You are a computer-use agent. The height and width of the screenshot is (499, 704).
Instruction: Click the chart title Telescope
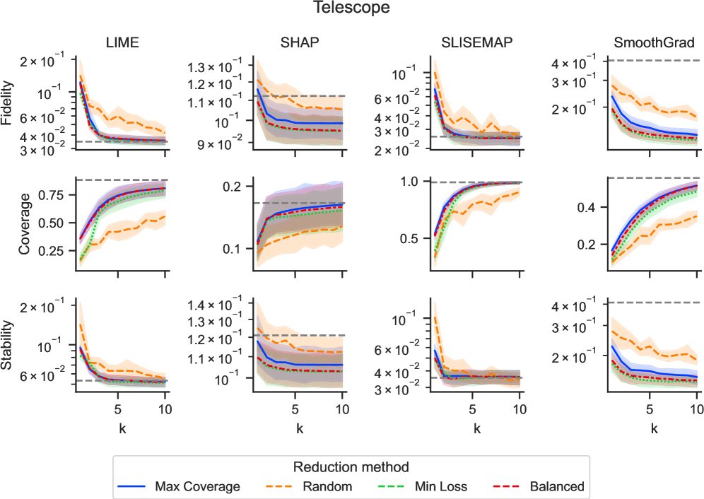click(352, 8)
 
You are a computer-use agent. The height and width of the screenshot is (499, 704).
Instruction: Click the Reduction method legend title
click(351, 467)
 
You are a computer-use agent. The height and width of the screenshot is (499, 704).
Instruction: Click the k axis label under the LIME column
click(121, 428)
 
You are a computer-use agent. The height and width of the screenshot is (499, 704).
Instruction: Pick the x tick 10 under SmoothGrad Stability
click(696, 408)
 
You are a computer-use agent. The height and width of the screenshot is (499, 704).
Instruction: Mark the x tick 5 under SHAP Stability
click(295, 408)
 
